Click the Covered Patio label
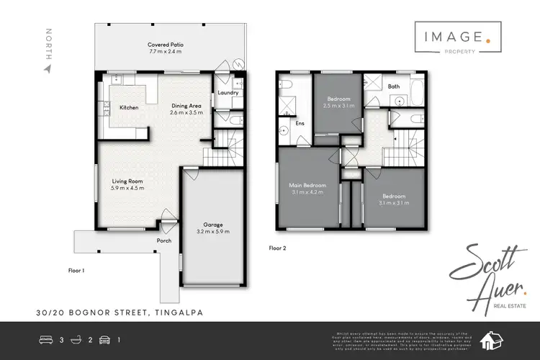click(166, 44)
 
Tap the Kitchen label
click(129, 107)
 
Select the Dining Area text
click(186, 106)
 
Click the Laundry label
click(228, 92)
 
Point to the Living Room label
click(127, 181)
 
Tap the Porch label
click(164, 240)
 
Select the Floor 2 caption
click(279, 248)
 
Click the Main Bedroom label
click(308, 185)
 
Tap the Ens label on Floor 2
click(300, 123)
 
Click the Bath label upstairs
click(393, 86)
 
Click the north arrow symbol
click(48, 69)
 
